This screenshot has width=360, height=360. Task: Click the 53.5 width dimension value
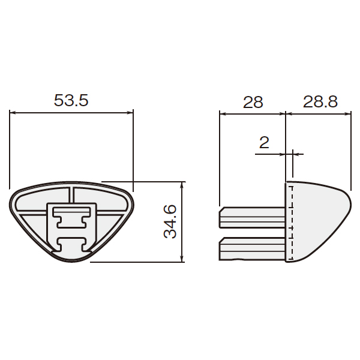pyautogui.click(x=71, y=101)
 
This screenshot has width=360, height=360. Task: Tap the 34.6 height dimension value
pyautogui.click(x=170, y=221)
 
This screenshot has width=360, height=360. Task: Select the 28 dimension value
pyautogui.click(x=253, y=102)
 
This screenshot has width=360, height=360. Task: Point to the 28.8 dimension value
pyautogui.click(x=320, y=101)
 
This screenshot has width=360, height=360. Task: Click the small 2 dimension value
pyautogui.click(x=264, y=142)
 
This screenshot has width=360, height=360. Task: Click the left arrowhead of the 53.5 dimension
pyautogui.click(x=12, y=113)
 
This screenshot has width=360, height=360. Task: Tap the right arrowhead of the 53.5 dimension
pyautogui.click(x=130, y=113)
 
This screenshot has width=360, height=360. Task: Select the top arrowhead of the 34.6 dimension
pyautogui.click(x=182, y=185)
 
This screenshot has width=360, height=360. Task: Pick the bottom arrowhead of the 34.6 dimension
pyautogui.click(x=182, y=259)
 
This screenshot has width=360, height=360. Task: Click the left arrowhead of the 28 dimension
pyautogui.click(x=223, y=113)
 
